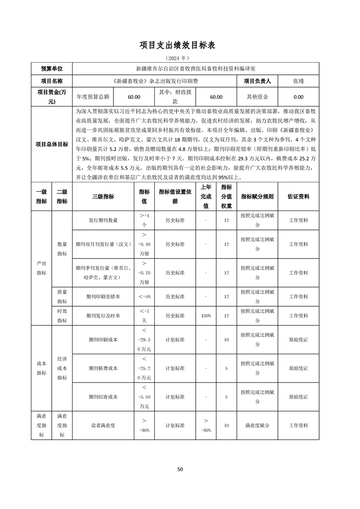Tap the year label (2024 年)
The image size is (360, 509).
coord(180,59)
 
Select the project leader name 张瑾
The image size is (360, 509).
coord(298,81)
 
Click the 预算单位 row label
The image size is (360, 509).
coord(52,69)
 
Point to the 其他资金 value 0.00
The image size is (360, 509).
coord(298,97)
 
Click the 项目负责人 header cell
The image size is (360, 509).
coord(257,81)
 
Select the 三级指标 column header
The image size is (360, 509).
coord(103,196)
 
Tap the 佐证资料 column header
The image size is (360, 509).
coord(298,196)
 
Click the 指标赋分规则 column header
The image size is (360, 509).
coord(257,196)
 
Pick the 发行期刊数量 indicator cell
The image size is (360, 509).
coord(103,220)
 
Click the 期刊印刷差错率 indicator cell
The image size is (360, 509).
coord(103,296)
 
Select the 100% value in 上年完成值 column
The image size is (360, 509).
coord(206,315)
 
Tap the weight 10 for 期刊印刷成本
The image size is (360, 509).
coord(227,339)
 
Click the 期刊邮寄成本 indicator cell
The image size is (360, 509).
coord(103,396)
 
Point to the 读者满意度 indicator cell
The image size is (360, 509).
coord(103,426)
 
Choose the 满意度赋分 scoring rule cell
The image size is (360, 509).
coord(257,426)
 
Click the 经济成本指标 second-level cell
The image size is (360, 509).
coord(62,368)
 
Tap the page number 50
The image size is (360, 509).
coord(180,469)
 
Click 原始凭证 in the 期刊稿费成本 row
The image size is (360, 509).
coord(298,368)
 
